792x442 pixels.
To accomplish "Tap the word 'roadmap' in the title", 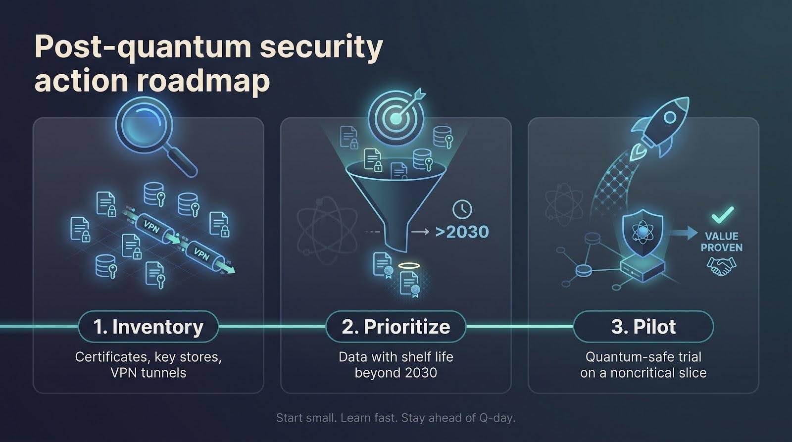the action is pyautogui.click(x=203, y=81).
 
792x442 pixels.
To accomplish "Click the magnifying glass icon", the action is pyautogui.click(x=155, y=139).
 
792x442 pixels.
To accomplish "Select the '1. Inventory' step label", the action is pyautogui.click(x=148, y=327).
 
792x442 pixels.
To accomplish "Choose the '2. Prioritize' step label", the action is pyautogui.click(x=396, y=327).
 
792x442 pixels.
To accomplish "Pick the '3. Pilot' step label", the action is pyautogui.click(x=643, y=327).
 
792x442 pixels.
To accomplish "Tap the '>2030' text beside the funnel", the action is pyautogui.click(x=462, y=232).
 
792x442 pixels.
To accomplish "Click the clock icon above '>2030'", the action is pyautogui.click(x=462, y=209).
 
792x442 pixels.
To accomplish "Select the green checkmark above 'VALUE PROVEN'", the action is pyautogui.click(x=722, y=215).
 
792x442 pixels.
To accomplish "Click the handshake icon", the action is pyautogui.click(x=721, y=266).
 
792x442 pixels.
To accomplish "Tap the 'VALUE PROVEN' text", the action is pyautogui.click(x=722, y=242).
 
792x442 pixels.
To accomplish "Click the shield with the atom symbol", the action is pyautogui.click(x=643, y=232).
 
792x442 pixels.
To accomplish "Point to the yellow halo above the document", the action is pyautogui.click(x=409, y=266).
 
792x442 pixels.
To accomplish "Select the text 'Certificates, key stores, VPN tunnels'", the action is pyautogui.click(x=148, y=365).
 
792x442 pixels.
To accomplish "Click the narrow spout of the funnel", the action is pyautogui.click(x=396, y=238).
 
